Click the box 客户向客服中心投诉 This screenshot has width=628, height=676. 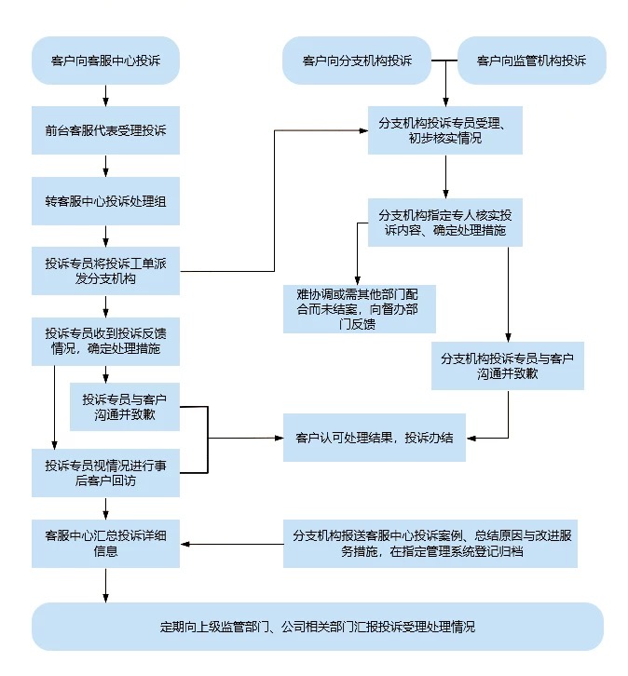coord(105,61)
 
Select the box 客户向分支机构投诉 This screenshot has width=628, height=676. coord(357,61)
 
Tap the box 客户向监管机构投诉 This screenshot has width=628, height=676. coord(531,61)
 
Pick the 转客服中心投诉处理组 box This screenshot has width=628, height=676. coord(105,201)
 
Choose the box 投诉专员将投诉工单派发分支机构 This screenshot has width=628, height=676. coord(105,271)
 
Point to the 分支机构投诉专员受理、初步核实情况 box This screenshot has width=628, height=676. coord(444,130)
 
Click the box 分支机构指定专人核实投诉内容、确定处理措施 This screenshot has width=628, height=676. coord(444,223)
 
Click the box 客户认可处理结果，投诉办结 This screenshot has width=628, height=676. coord(375,437)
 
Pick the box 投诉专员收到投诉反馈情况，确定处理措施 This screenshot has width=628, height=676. coord(105,341)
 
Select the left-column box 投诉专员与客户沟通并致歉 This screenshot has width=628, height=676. coord(125,405)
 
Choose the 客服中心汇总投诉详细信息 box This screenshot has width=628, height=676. coord(105,543)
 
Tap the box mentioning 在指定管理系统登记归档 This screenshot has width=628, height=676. coord(430,543)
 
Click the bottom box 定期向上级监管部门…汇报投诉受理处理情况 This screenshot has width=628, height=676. coord(317,626)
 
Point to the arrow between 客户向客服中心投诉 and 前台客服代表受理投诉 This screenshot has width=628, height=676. coord(106,95)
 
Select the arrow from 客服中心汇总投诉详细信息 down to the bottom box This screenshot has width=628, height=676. coord(106,585)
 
